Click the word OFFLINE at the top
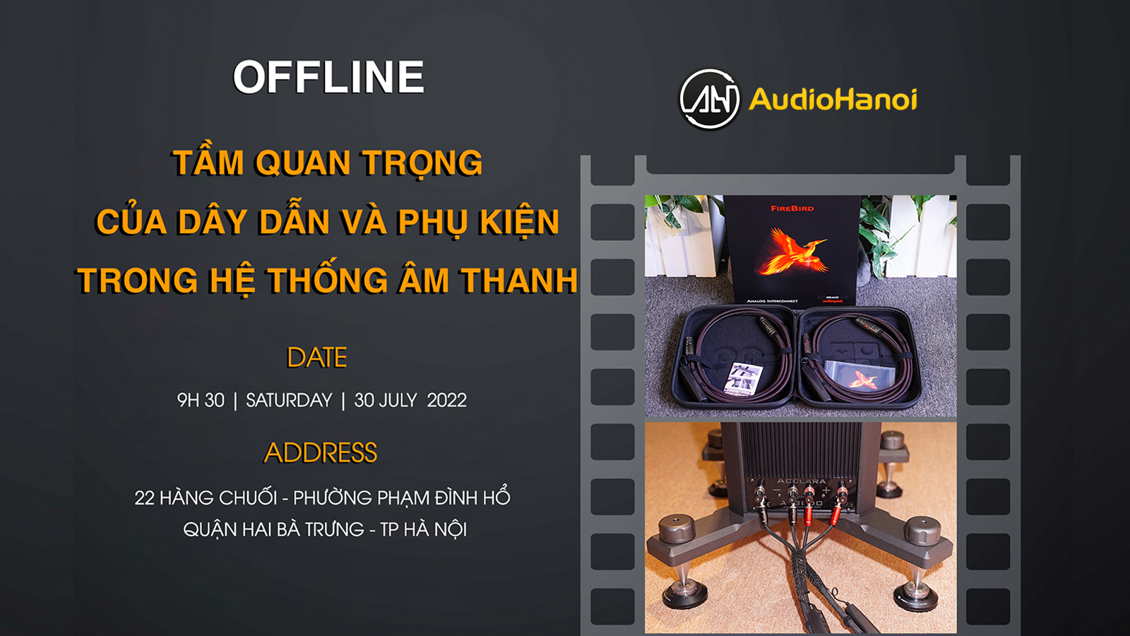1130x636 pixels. [328, 77]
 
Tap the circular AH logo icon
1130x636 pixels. [709, 99]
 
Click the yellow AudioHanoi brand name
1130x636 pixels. [833, 99]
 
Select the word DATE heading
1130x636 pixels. [317, 358]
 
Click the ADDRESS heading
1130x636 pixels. [321, 452]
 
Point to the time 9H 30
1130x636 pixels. [201, 400]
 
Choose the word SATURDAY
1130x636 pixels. [289, 400]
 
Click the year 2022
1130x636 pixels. [447, 400]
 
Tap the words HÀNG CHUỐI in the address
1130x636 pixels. [218, 497]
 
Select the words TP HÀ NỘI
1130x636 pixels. [424, 529]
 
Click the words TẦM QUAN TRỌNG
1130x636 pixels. [328, 163]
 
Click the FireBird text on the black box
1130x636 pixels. [792, 208]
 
